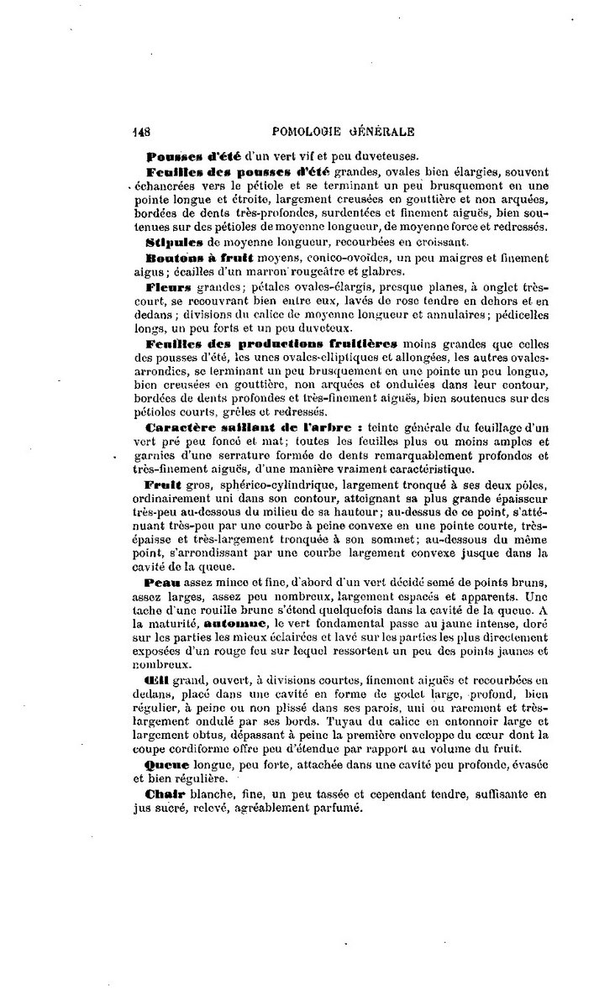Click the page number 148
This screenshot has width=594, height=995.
coord(140,131)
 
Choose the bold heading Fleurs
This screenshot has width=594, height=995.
coord(168,285)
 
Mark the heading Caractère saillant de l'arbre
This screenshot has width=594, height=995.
coord(252,428)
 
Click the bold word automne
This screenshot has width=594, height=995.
coord(234,625)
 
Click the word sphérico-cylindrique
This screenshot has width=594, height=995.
coord(255,486)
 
